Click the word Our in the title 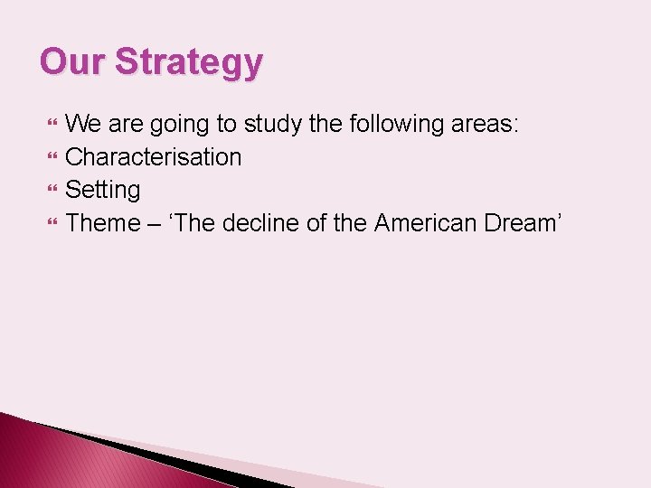72,62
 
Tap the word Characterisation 154,157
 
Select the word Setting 103,191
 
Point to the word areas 486,124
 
